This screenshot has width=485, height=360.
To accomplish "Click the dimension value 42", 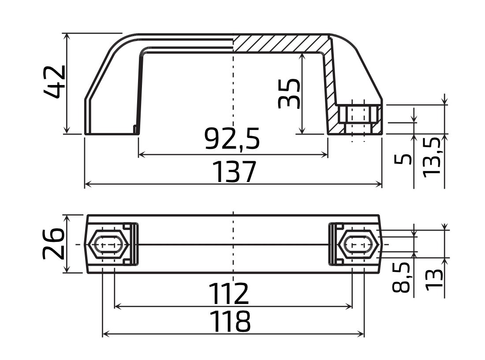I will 55,82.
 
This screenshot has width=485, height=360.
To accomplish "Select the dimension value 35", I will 290,93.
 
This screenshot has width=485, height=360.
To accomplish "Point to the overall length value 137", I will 234,172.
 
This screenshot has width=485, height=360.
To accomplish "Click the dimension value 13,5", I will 433,156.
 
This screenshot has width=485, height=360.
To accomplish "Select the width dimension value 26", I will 53,244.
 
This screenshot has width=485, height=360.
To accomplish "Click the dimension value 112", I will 228,294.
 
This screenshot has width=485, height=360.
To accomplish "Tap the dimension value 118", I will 230,322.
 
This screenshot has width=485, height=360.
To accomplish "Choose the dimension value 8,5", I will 401,278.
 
